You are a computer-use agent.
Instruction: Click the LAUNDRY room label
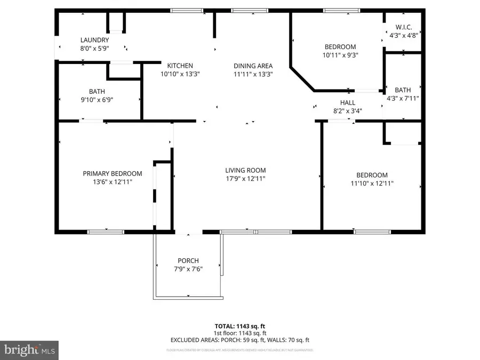coord(94,40)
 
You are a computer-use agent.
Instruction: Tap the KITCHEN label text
coord(177,66)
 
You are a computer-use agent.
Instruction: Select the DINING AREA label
coord(253,66)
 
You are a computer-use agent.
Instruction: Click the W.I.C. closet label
coord(403,27)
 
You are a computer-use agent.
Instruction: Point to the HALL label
coord(348,102)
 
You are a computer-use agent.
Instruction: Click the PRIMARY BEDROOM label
coord(112,173)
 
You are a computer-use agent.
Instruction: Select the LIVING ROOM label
coord(245,171)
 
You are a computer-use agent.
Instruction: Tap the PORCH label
coord(187,261)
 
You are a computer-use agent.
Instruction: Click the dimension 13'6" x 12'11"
coord(112,182)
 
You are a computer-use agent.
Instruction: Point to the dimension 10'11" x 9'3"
coord(340,55)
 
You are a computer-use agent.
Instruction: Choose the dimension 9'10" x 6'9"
coord(97,99)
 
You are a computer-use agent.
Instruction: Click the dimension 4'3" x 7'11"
coord(403,98)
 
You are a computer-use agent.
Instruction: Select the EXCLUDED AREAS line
coord(239,340)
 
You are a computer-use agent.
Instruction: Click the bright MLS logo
coord(29,350)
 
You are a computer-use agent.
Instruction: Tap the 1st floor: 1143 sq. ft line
coord(239,332)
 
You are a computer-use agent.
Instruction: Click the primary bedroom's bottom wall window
coord(106,231)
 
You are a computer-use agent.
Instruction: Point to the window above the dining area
coord(250,10)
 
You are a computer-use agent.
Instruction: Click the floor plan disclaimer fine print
coord(239,350)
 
